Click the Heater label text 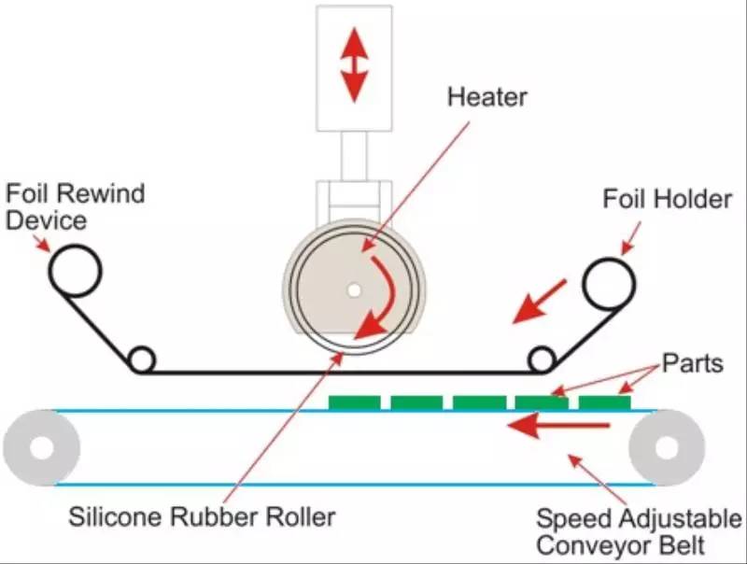[x=487, y=96]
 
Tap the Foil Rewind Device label [x=75, y=207]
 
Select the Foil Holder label [x=667, y=198]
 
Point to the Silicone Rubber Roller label [x=202, y=515]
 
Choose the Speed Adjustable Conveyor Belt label [x=639, y=531]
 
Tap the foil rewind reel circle [x=76, y=272]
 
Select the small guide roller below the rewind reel [x=142, y=360]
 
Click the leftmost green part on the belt [x=355, y=402]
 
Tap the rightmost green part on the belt [x=604, y=402]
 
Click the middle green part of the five [x=479, y=402]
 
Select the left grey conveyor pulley [x=41, y=447]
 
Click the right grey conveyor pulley [x=666, y=447]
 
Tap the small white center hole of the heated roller [x=353, y=290]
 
